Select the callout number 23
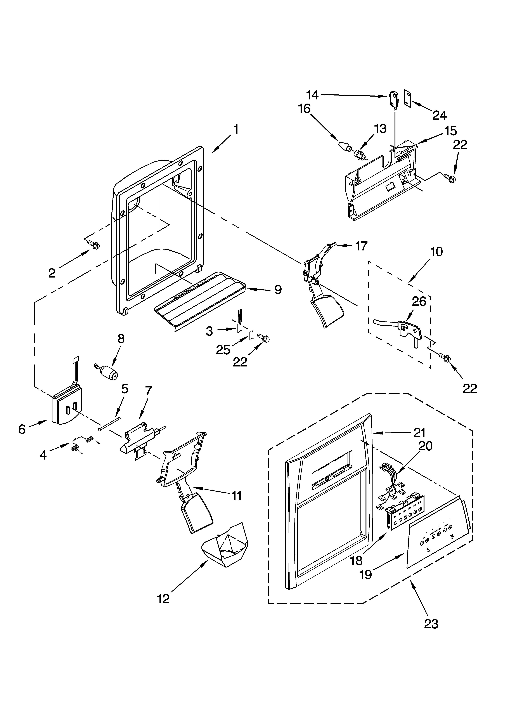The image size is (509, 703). [431, 624]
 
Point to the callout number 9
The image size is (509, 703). [278, 290]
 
